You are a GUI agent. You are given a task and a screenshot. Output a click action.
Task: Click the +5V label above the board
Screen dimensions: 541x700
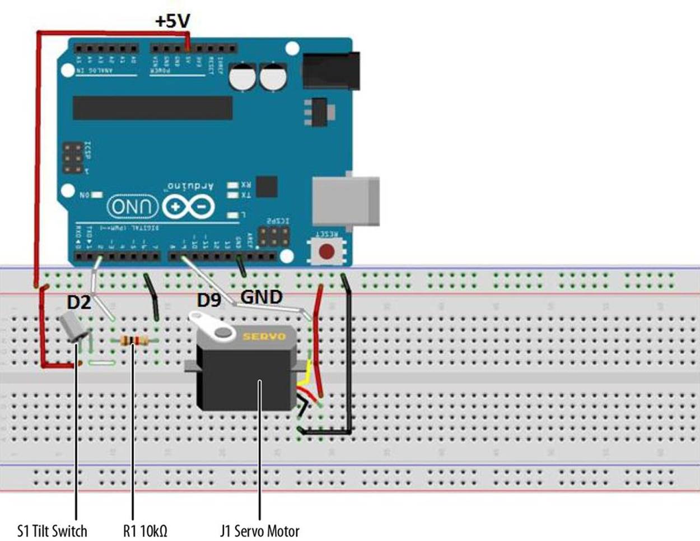[172, 21]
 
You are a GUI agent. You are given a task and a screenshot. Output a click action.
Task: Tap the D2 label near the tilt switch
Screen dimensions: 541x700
[78, 302]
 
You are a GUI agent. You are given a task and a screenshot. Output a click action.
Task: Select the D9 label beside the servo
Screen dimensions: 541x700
[209, 300]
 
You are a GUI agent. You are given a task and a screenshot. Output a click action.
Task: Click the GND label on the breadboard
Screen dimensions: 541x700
[262, 297]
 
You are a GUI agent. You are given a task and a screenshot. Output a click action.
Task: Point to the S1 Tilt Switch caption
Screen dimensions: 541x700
[52, 530]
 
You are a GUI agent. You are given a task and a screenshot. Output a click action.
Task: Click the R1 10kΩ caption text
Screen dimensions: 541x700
[145, 530]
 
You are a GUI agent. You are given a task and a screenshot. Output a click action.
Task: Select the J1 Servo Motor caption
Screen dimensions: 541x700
[260, 530]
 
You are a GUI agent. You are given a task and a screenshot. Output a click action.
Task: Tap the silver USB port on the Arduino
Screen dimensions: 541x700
[345, 200]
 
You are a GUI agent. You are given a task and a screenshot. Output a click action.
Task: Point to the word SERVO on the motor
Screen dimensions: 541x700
[264, 337]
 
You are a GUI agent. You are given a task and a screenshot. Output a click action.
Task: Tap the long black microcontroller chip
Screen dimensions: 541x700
[152, 108]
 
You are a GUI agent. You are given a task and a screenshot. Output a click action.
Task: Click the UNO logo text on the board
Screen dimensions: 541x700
[133, 207]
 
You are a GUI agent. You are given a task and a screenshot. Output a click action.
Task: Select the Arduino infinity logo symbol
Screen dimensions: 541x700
[189, 208]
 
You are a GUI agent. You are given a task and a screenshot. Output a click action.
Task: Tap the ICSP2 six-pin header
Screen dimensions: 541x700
[274, 236]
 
